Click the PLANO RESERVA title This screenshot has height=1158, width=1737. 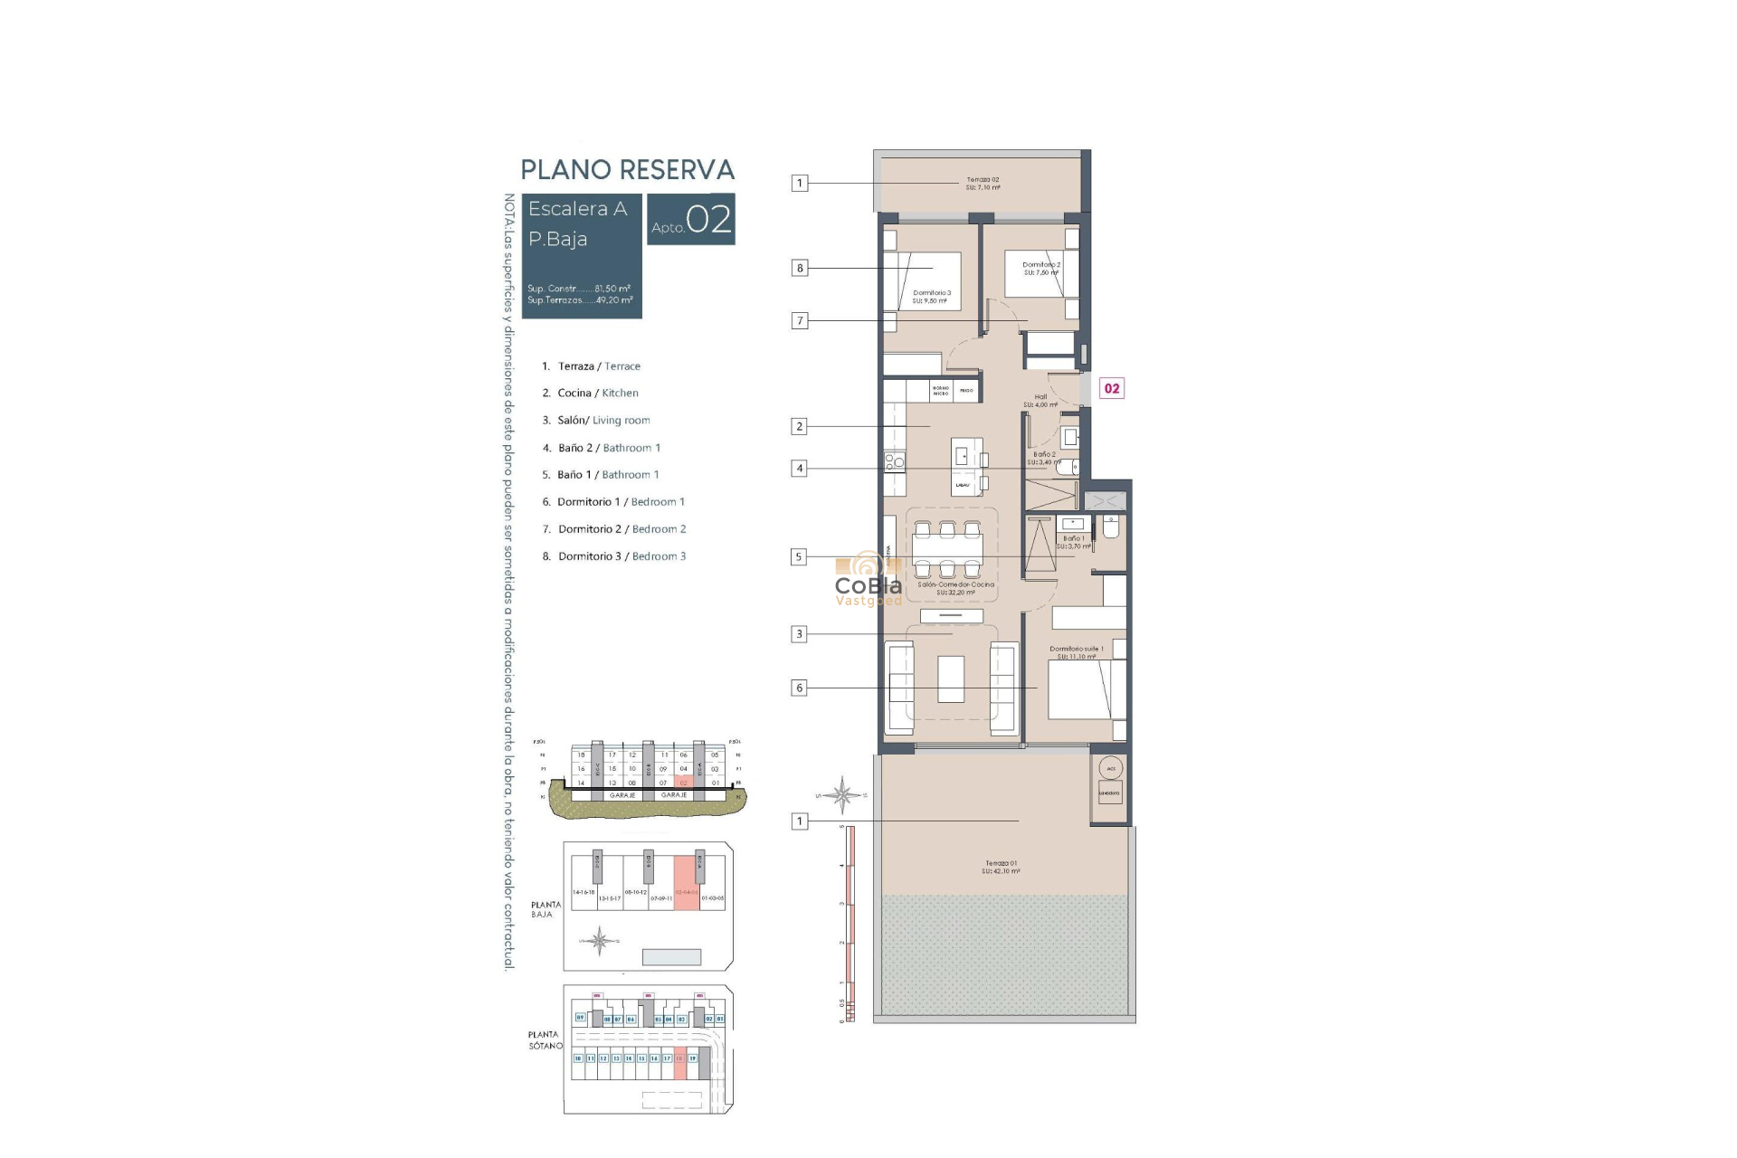(627, 170)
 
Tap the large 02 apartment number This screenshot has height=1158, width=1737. (708, 220)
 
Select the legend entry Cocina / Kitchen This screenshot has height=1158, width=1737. (597, 393)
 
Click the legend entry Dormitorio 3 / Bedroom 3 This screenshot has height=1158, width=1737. (622, 556)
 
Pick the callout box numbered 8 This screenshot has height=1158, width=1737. (799, 268)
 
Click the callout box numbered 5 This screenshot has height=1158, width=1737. (798, 557)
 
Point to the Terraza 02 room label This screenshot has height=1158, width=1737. (982, 184)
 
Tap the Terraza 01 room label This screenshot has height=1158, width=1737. (1001, 867)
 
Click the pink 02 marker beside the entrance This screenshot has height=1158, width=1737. (1112, 389)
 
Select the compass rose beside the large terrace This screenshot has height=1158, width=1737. (842, 795)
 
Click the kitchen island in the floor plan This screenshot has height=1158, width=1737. (964, 467)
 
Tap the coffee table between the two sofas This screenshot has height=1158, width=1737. (951, 679)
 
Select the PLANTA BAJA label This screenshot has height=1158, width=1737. (546, 909)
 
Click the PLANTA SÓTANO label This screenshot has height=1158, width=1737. (545, 1039)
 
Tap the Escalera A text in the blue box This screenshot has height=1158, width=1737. (577, 209)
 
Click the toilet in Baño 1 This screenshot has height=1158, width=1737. (1111, 527)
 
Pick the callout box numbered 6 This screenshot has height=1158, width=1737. (799, 688)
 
